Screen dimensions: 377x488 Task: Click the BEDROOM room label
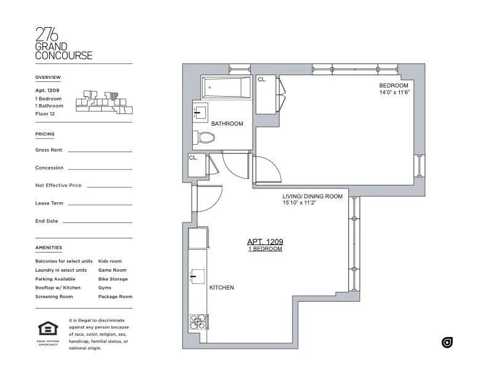click(x=393, y=85)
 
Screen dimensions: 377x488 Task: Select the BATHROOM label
click(x=227, y=124)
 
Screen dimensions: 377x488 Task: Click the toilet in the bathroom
click(x=203, y=137)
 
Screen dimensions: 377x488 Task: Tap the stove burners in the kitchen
click(x=198, y=323)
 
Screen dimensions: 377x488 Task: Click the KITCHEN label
click(x=222, y=288)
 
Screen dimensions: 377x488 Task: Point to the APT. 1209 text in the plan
click(x=265, y=241)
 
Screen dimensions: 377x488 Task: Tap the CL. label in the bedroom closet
click(x=262, y=79)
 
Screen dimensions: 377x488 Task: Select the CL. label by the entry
click(x=193, y=158)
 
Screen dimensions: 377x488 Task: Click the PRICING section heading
click(x=45, y=134)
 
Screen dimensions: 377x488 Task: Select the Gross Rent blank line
click(x=100, y=150)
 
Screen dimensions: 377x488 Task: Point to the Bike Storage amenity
click(x=113, y=279)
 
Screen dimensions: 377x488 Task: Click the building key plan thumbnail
click(x=104, y=102)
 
